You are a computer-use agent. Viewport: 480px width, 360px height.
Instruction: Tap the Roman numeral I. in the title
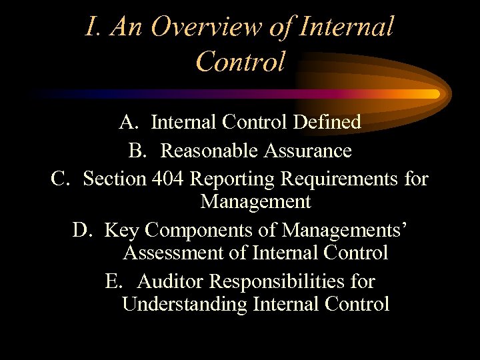93,27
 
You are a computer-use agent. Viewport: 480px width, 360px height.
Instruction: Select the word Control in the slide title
241,61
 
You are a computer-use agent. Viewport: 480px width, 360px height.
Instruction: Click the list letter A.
129,122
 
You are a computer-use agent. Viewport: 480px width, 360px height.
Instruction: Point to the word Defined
329,122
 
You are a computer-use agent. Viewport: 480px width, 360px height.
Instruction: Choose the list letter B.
137,151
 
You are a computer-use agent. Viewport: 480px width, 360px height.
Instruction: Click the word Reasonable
209,151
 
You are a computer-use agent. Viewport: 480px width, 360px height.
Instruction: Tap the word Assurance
307,151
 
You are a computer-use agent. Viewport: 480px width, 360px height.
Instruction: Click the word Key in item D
123,231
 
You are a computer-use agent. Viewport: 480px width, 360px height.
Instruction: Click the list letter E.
113,281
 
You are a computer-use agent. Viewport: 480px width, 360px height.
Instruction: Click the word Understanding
185,305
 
